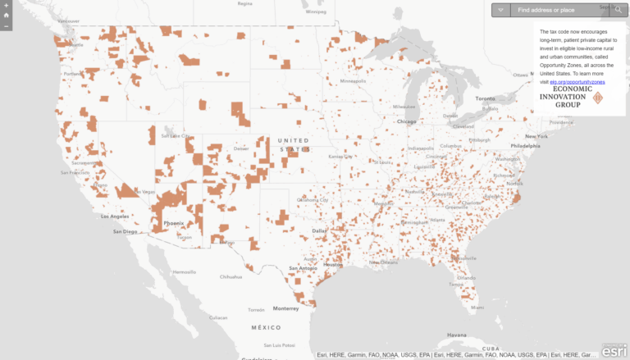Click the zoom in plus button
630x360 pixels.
tap(6, 5)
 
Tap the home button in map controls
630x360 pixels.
tap(6, 15)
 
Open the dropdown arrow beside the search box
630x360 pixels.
tap(500, 10)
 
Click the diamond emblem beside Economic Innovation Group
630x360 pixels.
tap(597, 98)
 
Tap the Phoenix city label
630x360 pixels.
tap(173, 223)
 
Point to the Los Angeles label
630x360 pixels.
tap(115, 216)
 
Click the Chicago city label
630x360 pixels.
tap(406, 121)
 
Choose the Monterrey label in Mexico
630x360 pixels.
tap(286, 308)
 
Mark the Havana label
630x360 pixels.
tap(456, 335)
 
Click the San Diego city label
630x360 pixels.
tap(125, 231)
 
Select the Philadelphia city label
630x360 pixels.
tap(526, 145)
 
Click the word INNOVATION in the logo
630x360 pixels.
tap(563, 97)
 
